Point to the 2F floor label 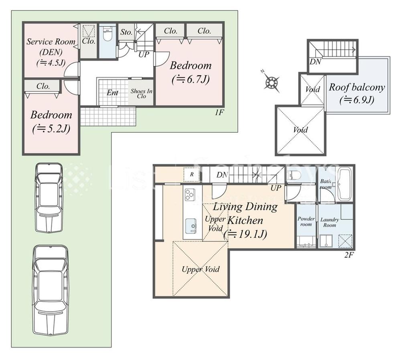[x=348, y=255]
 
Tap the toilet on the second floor [x=296, y=175]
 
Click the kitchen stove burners [x=189, y=195]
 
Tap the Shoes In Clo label [x=142, y=93]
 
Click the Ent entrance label [x=112, y=93]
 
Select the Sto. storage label [x=126, y=32]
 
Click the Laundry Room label [x=330, y=222]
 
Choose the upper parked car [x=49, y=197]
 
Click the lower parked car [x=50, y=289]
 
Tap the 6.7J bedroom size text [x=190, y=79]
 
